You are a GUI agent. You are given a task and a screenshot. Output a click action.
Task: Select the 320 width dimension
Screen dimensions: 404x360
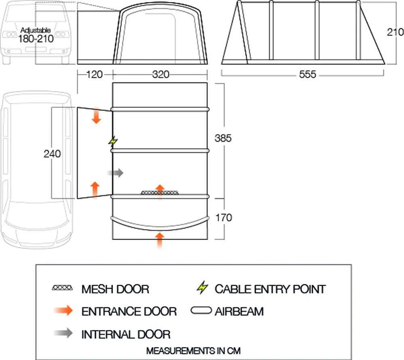click(x=159, y=74)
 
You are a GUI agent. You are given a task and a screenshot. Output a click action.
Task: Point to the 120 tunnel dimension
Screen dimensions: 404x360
click(x=93, y=74)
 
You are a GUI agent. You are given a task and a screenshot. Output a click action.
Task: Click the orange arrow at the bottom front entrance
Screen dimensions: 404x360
click(x=160, y=240)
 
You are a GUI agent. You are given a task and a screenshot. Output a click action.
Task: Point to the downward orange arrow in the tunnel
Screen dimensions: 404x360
click(x=96, y=116)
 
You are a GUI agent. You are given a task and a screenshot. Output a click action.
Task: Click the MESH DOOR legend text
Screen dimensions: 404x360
click(x=115, y=290)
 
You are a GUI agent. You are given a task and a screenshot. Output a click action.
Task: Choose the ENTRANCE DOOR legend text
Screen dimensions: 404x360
click(x=129, y=311)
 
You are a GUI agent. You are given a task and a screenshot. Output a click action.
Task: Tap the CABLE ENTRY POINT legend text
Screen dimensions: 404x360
click(x=270, y=290)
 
